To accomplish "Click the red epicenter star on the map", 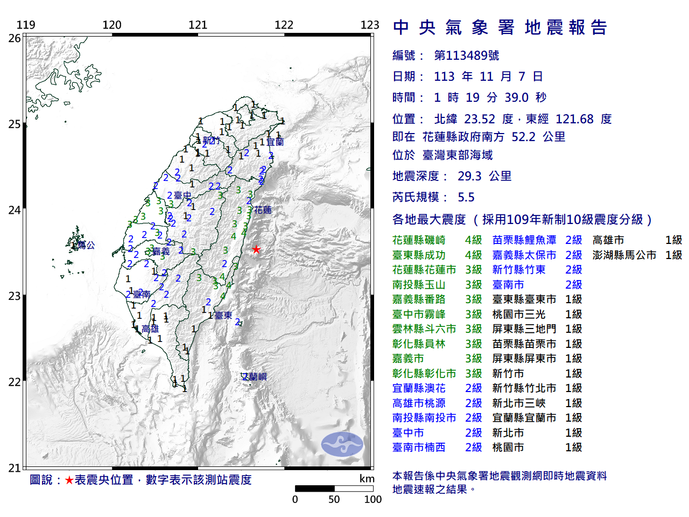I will pos(256,249).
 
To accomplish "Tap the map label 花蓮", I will pos(263,210).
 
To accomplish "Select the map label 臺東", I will pos(223,316).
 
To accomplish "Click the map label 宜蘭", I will pos(275,142).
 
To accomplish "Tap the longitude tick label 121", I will pos(198,25).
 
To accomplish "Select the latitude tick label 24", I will pos(15,210).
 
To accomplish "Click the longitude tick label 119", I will pos(26,25).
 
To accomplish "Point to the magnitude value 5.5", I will pos(466,197).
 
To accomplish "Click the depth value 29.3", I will pos(469,176).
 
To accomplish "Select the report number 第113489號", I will pos(466,55).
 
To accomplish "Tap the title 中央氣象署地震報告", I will pos(500,27).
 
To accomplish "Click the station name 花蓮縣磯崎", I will pos(419,240).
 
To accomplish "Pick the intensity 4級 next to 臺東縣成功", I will pos(473,255).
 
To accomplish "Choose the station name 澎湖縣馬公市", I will pos(624,255).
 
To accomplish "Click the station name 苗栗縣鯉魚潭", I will pos(524,240).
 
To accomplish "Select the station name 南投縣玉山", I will pos(419,285).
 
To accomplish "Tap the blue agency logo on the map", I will pos(342,444).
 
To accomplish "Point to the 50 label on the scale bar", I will pos(334,499).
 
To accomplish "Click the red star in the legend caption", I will pos(69,480).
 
